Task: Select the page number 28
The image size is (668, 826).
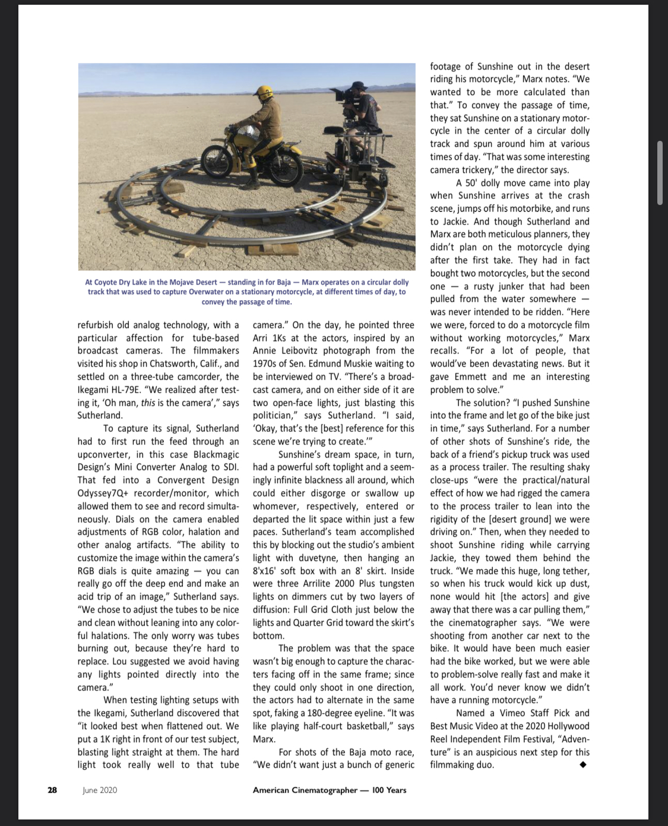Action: click(52, 790)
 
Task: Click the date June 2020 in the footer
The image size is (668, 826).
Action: click(100, 790)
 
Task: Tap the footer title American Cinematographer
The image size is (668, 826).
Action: click(305, 790)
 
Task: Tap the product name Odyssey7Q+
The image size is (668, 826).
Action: click(102, 493)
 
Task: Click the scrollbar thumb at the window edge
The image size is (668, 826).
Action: click(660, 172)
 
